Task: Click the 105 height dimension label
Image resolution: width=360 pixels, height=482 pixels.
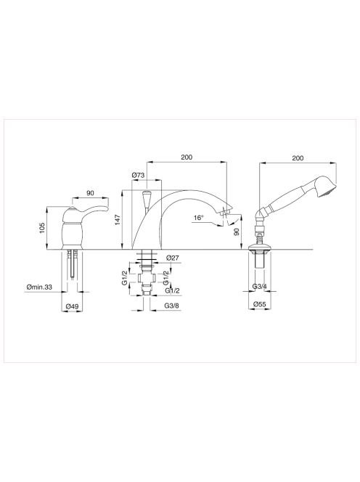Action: [x=42, y=227]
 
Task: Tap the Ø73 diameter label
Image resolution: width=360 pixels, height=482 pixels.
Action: [x=138, y=175]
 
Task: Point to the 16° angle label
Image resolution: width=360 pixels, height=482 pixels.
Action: [x=199, y=218]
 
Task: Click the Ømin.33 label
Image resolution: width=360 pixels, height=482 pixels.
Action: [x=39, y=287]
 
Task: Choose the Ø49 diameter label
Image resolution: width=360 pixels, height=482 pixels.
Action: [x=73, y=306]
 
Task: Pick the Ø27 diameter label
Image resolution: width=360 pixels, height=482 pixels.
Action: [x=173, y=258]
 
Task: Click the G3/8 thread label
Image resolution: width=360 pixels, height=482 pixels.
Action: [x=172, y=306]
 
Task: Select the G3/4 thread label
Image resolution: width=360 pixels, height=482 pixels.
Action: [x=260, y=287]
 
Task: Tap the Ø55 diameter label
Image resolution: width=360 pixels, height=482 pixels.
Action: [x=259, y=304]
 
